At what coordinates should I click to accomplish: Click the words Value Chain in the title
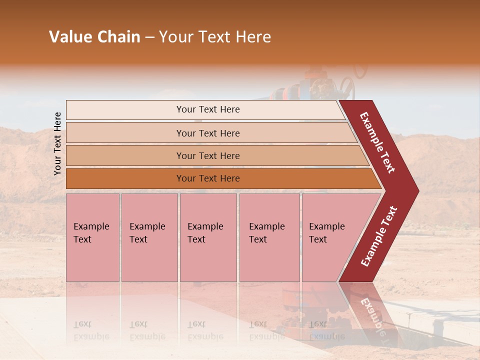point(94,37)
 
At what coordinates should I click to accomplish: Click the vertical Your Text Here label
point(57,144)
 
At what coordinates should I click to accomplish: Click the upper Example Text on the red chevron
point(377,142)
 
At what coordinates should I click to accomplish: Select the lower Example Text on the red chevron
point(379,236)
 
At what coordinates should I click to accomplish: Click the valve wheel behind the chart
point(347,88)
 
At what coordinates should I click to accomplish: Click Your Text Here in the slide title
point(215,37)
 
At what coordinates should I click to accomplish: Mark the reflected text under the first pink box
point(91,331)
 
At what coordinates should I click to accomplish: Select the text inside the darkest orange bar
point(208,178)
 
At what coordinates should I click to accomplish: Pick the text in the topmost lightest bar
point(208,109)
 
